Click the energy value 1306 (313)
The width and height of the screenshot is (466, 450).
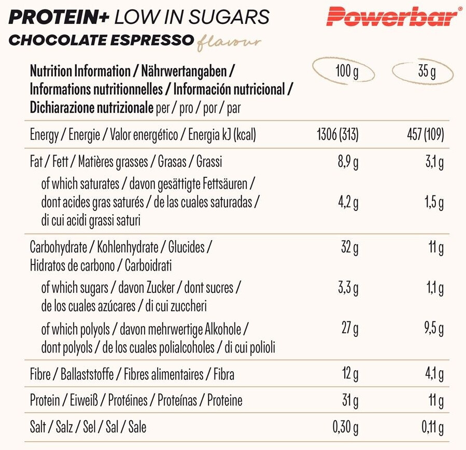point(337,135)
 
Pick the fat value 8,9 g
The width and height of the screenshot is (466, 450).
point(348,162)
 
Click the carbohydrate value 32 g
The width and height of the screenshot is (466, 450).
point(350,248)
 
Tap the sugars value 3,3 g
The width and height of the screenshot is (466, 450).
point(348,288)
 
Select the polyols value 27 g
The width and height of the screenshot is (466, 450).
point(350,329)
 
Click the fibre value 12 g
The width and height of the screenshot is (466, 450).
point(350,373)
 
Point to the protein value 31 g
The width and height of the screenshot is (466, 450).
point(350,400)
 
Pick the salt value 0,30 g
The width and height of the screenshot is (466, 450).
point(345,427)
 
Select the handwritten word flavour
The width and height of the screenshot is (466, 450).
point(229,42)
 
